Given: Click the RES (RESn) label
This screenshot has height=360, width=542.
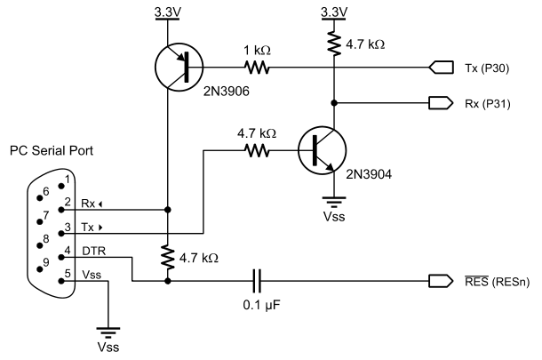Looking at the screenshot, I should [x=490, y=282].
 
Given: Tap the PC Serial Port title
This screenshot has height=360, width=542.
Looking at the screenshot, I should [x=52, y=151].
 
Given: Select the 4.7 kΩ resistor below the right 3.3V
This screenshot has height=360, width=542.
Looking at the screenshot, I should [x=335, y=42].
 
